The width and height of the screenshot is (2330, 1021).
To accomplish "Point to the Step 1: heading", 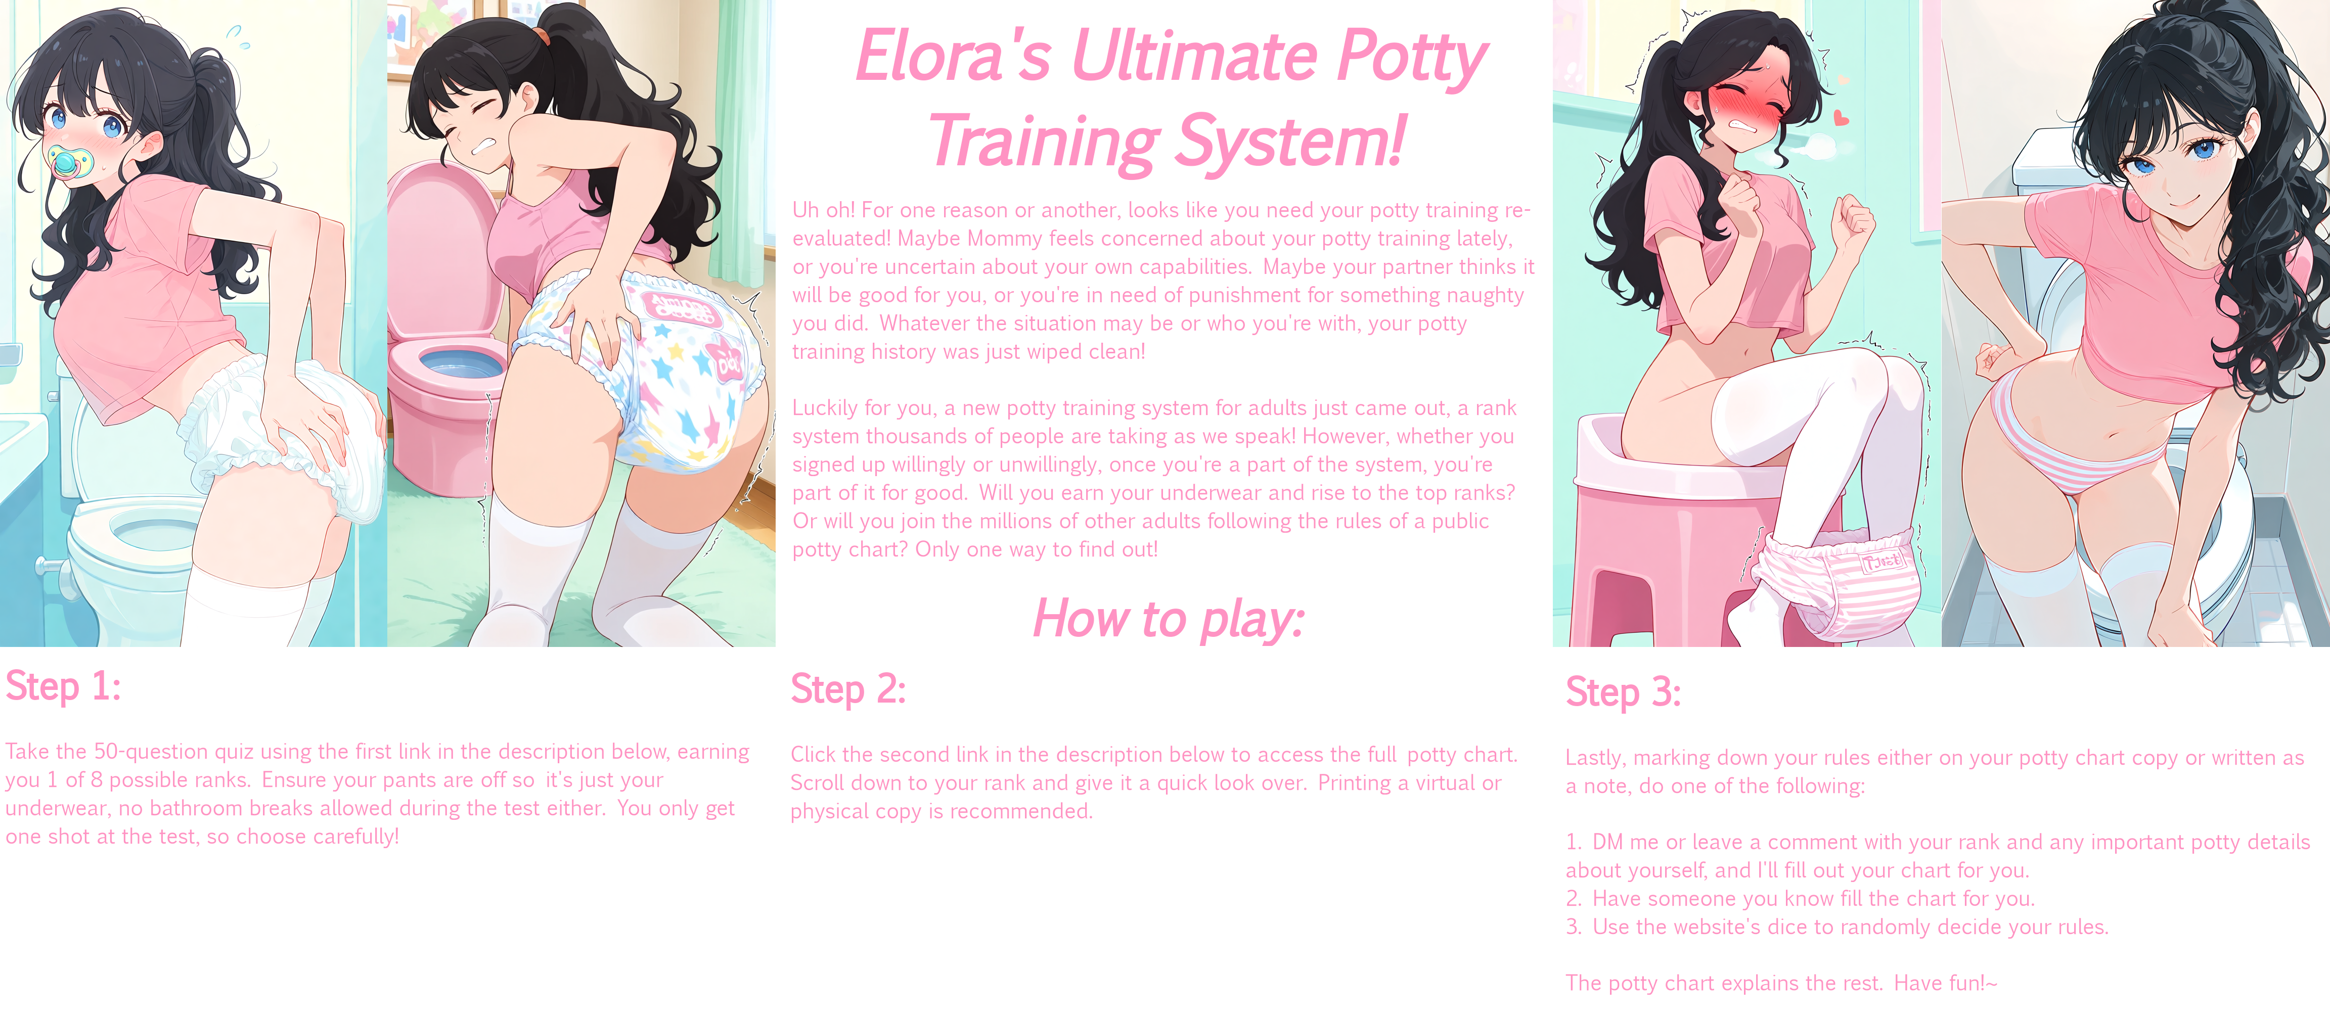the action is point(63,685).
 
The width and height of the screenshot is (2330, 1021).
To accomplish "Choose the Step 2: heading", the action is point(848,689).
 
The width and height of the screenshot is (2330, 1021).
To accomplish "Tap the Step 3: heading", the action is point(1624,693).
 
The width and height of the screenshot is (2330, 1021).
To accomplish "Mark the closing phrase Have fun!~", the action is point(1946,983).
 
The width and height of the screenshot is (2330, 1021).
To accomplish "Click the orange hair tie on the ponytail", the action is point(540,36).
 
